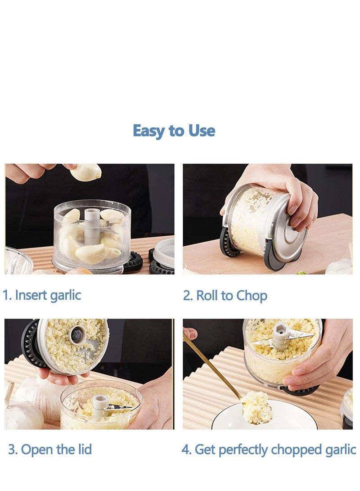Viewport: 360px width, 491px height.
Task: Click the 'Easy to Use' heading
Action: (174, 131)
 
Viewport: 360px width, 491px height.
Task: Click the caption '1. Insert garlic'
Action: (42, 296)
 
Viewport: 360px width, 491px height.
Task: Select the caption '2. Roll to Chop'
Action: (225, 296)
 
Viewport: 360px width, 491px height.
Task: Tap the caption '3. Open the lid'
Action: (50, 449)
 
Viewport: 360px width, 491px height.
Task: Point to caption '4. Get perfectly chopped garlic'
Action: (269, 449)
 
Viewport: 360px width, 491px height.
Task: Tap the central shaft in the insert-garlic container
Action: (92, 225)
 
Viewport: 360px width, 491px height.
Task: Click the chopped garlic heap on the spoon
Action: (256, 407)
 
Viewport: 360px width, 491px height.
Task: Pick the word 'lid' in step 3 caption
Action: (83, 449)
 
